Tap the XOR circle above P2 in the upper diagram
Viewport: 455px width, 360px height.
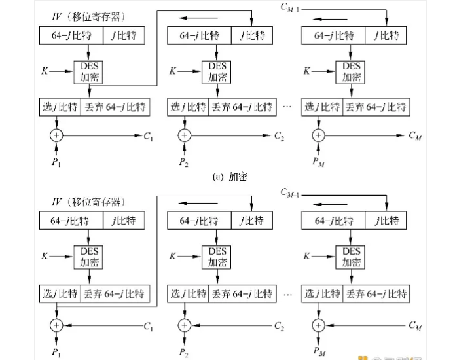(x=185, y=136)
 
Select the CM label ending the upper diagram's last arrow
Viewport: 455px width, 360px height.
(x=414, y=136)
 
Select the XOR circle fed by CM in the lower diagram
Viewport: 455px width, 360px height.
(x=318, y=325)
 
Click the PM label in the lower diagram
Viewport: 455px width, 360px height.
(x=319, y=352)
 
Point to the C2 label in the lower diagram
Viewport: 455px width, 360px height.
(x=280, y=325)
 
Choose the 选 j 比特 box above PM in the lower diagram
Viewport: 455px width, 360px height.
(x=322, y=295)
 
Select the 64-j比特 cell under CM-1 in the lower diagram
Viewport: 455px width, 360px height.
(x=334, y=220)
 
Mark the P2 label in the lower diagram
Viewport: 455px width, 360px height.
(x=185, y=352)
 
